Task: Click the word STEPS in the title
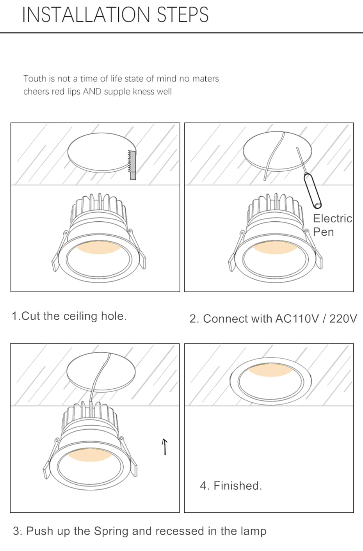click(x=182, y=15)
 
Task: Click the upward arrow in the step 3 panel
click(x=165, y=446)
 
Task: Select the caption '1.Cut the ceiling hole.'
click(x=69, y=316)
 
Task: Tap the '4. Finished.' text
click(x=231, y=486)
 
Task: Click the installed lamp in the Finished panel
click(x=270, y=381)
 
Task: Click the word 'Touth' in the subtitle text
click(x=35, y=79)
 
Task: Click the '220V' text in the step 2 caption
click(x=343, y=319)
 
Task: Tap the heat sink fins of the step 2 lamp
click(x=276, y=205)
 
